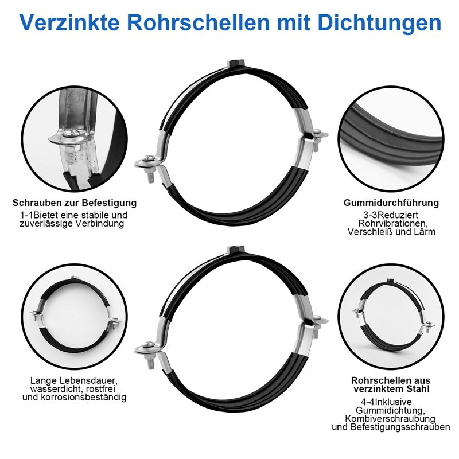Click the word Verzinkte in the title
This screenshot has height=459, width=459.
tap(69, 22)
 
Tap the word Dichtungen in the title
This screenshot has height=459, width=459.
tap(379, 23)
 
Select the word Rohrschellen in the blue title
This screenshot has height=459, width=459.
tap(198, 22)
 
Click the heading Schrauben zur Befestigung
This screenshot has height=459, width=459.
tap(75, 203)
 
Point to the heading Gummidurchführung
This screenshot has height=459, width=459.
tap(391, 203)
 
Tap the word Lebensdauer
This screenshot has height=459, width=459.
tap(89, 380)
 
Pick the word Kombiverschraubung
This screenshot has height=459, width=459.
tap(390, 418)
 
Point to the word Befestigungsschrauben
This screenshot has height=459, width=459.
tap(400, 427)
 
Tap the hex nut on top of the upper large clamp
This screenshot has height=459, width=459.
tap(236, 63)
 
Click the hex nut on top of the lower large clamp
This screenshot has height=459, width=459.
tap(236, 250)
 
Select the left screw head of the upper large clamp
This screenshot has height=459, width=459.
tap(149, 158)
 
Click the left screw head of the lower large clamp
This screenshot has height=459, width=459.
tap(149, 345)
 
